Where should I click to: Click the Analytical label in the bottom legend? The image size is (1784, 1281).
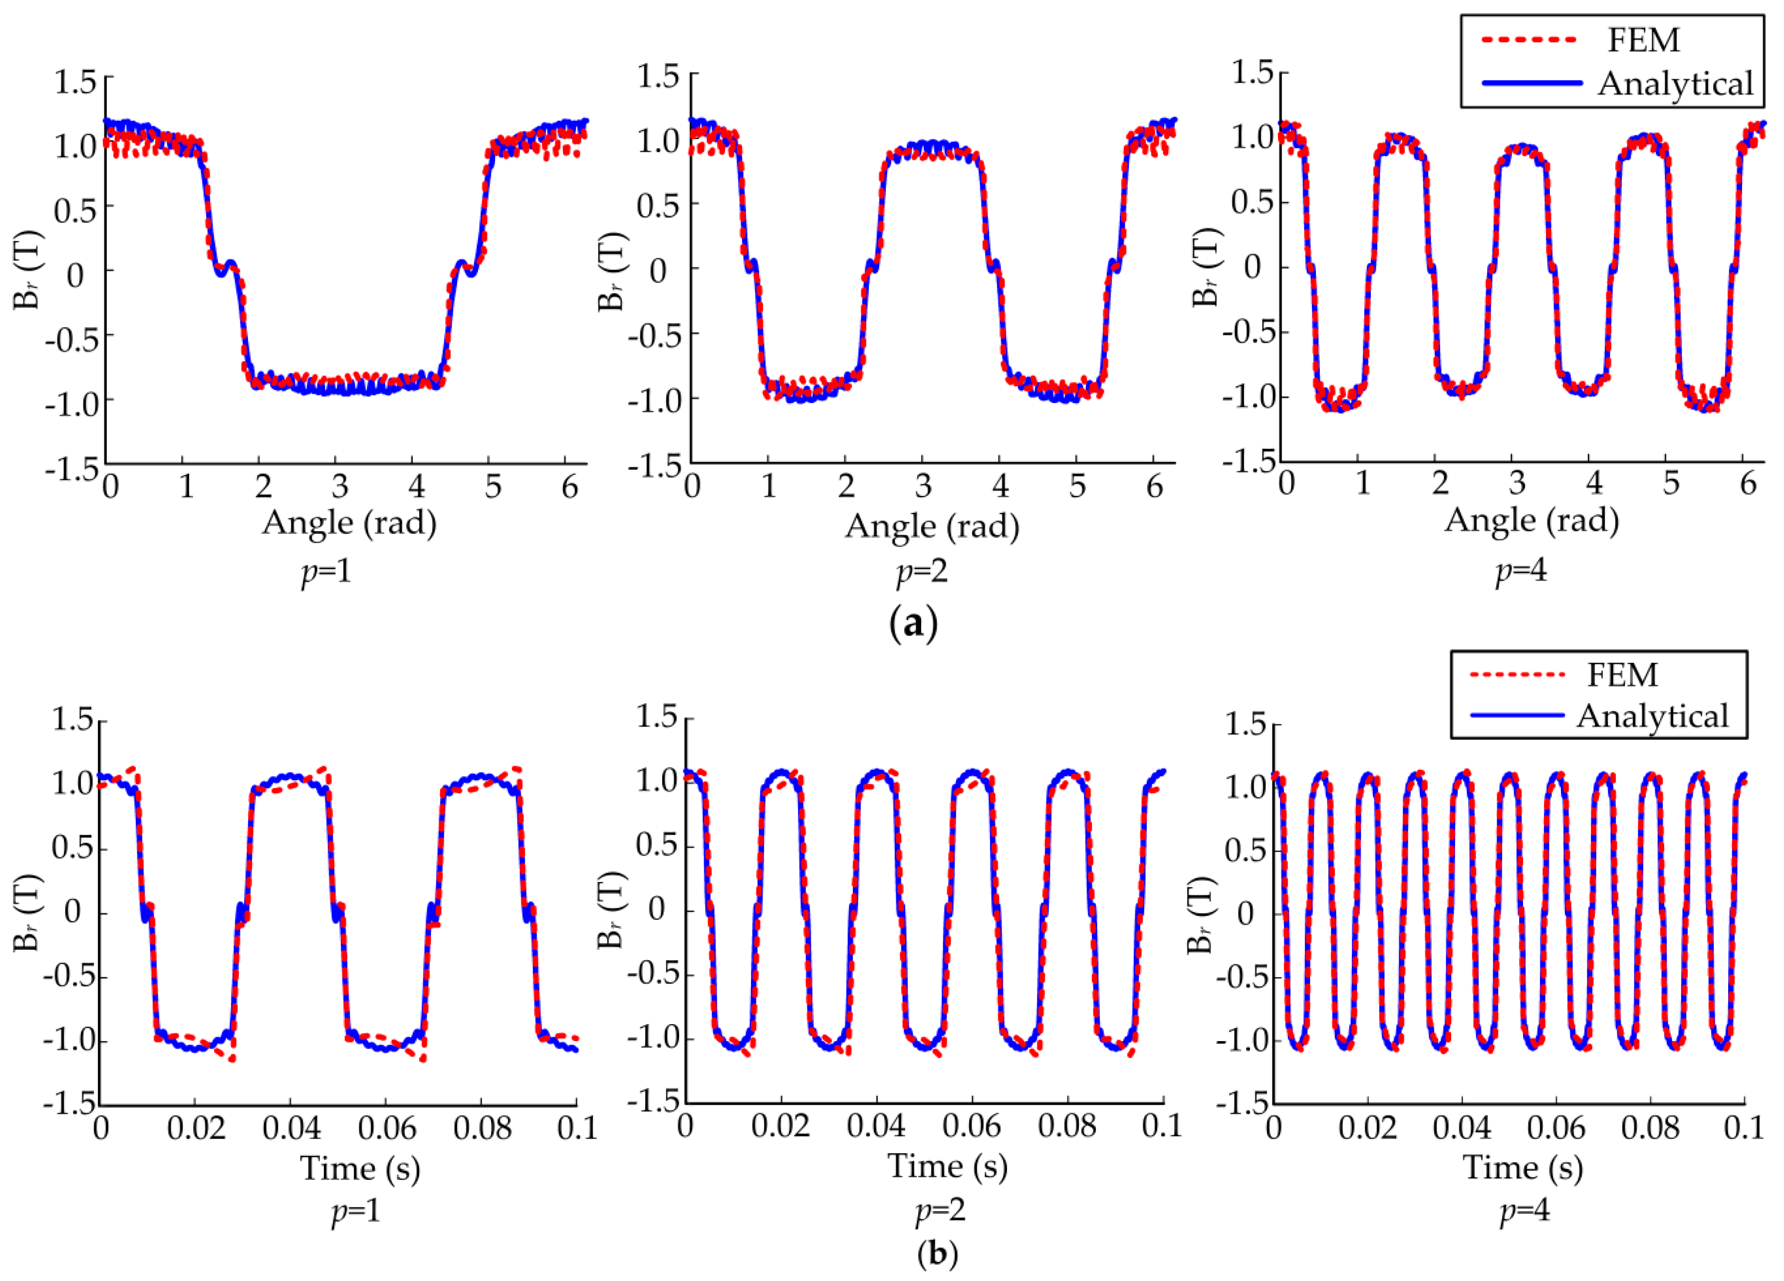pos(1653,716)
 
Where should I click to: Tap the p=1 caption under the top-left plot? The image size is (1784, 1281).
pos(326,570)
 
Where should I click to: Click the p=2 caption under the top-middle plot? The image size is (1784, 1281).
pos(923,571)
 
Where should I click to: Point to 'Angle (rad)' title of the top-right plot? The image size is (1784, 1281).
pos(1531,520)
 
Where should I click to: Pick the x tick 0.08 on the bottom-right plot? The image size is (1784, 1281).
pos(1650,1128)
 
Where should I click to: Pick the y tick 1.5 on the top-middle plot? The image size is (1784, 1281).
pos(658,76)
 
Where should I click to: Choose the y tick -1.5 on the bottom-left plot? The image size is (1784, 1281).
pos(69,1104)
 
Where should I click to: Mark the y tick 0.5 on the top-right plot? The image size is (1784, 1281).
pos(1252,202)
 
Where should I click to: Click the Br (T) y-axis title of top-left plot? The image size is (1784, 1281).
pos(27,270)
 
